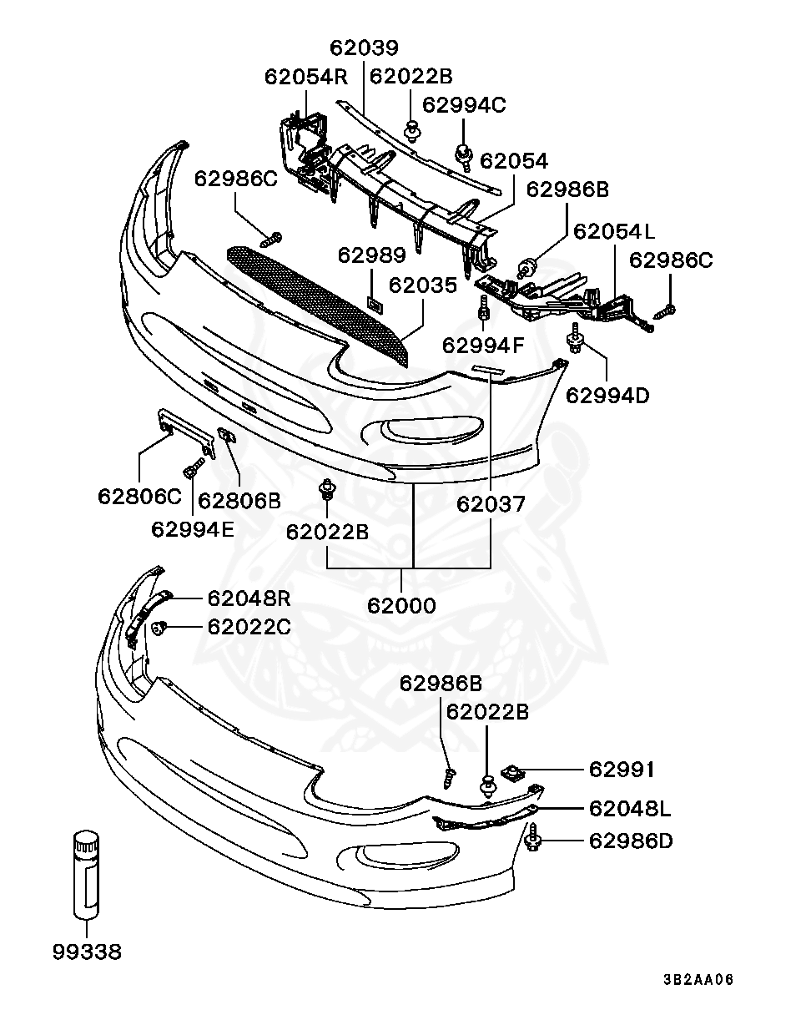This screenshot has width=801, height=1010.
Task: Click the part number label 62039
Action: tap(364, 48)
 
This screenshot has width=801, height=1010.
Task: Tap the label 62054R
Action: tap(305, 77)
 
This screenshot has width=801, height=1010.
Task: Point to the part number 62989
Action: tap(372, 255)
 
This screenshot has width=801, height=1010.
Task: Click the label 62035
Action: tap(423, 285)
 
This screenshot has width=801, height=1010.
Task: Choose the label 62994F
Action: tap(484, 344)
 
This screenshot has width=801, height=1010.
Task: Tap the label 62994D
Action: tap(607, 394)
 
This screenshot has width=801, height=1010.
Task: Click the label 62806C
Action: tap(139, 497)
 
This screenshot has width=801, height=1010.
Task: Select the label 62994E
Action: tap(193, 528)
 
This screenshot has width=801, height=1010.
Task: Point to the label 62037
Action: tap(491, 504)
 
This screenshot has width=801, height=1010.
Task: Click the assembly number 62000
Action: tap(401, 605)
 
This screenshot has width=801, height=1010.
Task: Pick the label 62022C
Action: tap(249, 626)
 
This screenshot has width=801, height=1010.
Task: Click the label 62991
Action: tap(622, 768)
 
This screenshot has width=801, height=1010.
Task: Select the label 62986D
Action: tap(631, 841)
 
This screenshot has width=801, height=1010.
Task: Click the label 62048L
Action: tap(631, 808)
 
